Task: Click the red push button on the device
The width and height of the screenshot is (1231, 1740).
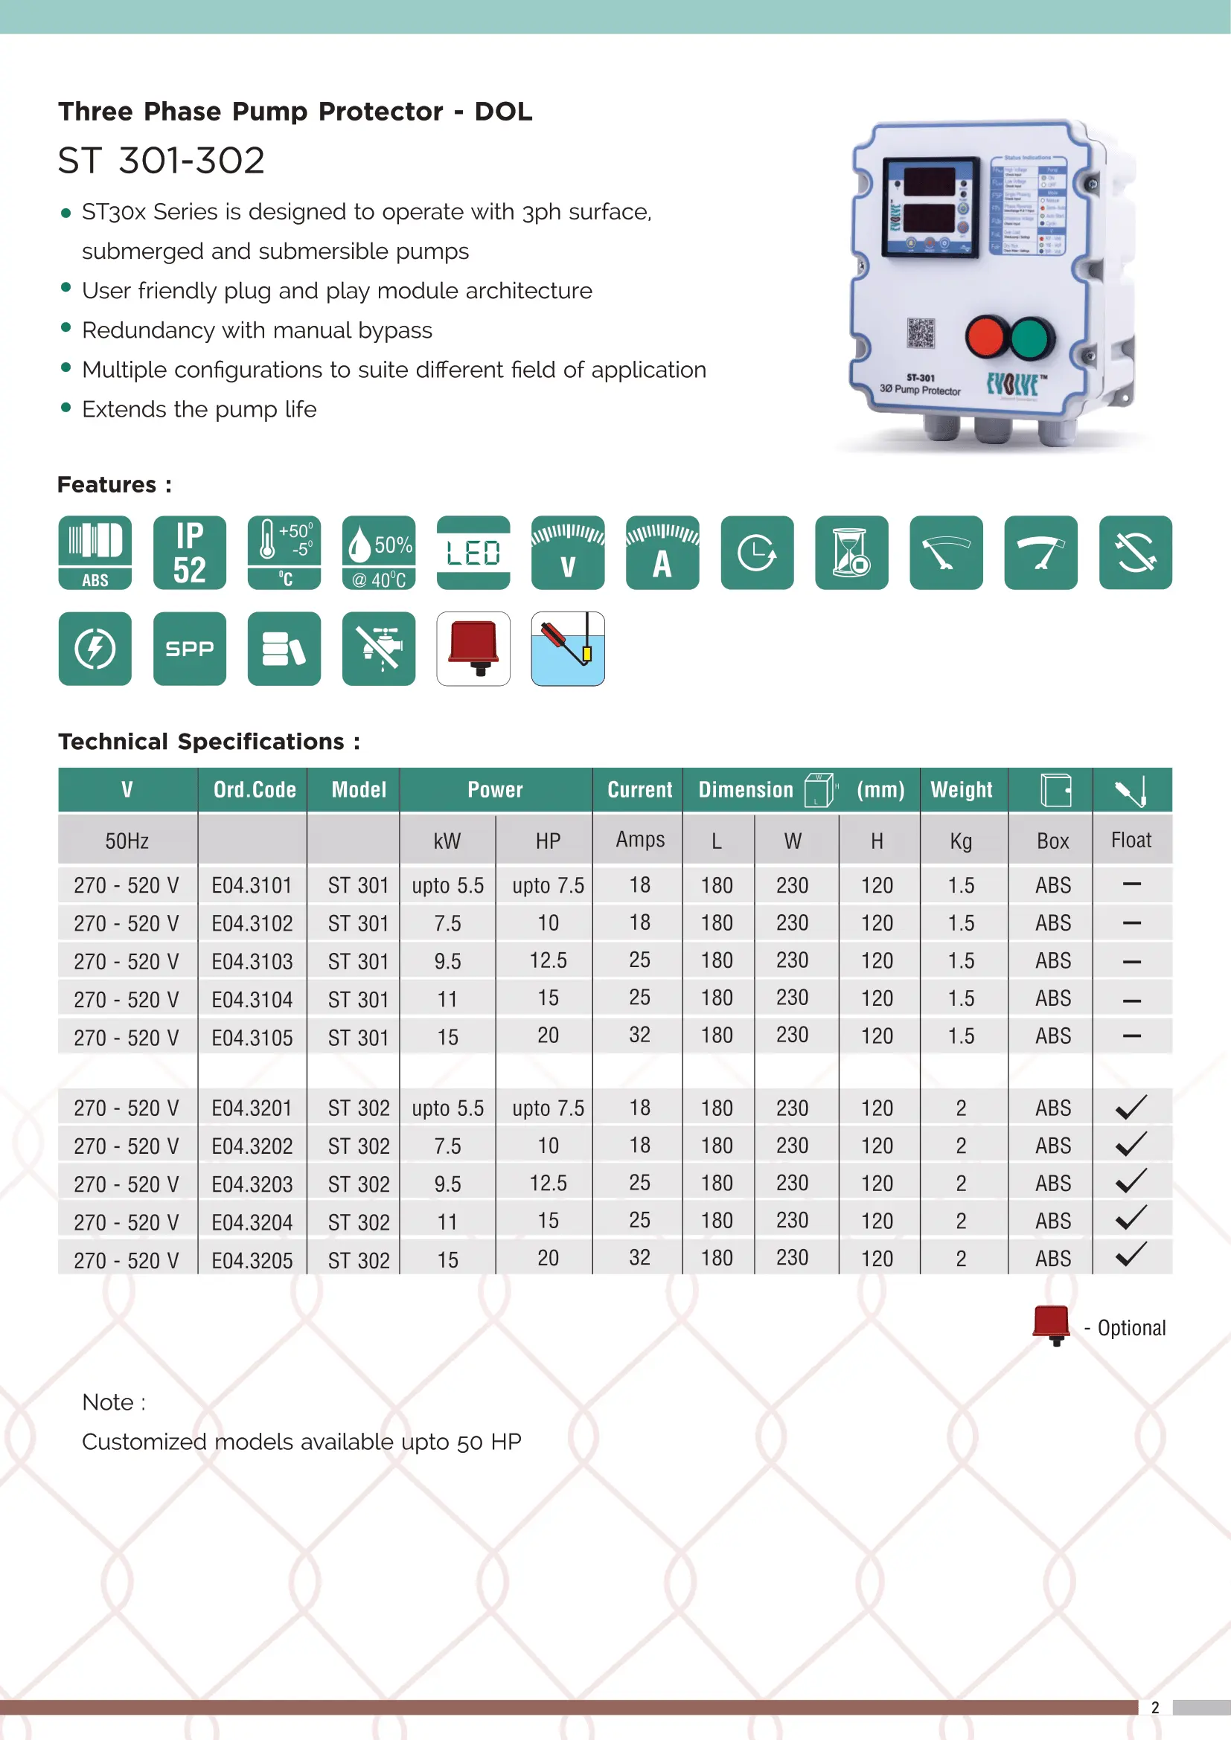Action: tap(985, 337)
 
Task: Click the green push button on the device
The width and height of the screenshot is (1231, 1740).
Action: tap(1030, 337)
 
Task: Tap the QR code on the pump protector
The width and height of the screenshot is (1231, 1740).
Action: tap(921, 333)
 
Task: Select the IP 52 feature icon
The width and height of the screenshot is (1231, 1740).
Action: tap(190, 553)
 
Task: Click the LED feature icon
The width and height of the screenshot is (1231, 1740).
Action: tap(473, 553)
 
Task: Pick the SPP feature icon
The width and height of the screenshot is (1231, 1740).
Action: tap(190, 649)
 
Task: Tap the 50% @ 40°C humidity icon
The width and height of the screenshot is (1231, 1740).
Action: tap(378, 553)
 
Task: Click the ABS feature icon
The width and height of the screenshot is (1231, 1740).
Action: tap(95, 553)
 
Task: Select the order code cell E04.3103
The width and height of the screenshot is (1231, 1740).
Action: tap(252, 961)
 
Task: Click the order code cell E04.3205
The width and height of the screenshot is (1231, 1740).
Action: tap(252, 1259)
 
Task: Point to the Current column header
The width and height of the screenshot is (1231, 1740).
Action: tap(640, 790)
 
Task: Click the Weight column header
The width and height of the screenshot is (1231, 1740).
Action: tap(961, 790)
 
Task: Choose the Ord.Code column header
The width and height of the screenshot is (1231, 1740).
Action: tap(255, 790)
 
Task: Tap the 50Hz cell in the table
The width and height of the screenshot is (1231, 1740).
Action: tap(127, 841)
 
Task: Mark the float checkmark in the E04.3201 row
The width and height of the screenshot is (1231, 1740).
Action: tap(1131, 1107)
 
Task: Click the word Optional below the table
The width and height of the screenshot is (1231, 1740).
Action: tap(1132, 1328)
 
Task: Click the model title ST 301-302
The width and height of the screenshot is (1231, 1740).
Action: tap(162, 161)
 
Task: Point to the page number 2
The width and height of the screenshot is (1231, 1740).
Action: tap(1155, 1707)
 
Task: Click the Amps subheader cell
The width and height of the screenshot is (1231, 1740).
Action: tap(640, 840)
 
